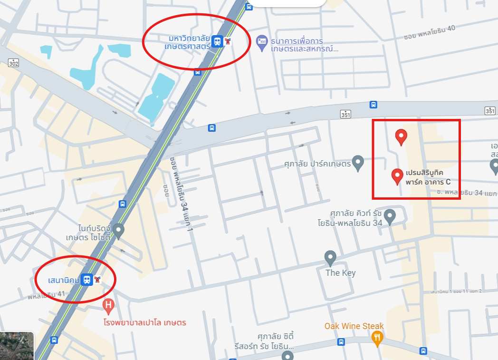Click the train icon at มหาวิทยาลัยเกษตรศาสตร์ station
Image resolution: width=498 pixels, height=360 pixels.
click(x=217, y=41)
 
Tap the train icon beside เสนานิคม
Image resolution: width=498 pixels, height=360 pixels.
click(x=86, y=280)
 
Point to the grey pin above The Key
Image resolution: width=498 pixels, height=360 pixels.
click(x=330, y=258)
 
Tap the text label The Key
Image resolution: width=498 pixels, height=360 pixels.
click(x=340, y=273)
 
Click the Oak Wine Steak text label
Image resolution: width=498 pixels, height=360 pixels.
click(x=354, y=326)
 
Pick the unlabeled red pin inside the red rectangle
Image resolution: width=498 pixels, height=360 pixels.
click(x=402, y=136)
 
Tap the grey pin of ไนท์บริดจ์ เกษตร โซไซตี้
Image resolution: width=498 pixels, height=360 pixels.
click(x=118, y=231)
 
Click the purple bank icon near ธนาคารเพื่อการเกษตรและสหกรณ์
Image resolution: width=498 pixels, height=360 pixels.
click(x=261, y=41)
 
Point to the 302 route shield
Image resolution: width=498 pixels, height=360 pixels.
click(x=14, y=63)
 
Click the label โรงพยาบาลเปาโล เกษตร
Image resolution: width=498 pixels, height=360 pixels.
click(x=145, y=322)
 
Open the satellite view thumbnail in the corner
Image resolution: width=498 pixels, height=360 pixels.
click(x=17, y=346)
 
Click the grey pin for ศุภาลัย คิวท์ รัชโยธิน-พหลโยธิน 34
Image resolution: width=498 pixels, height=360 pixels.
click(x=390, y=216)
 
